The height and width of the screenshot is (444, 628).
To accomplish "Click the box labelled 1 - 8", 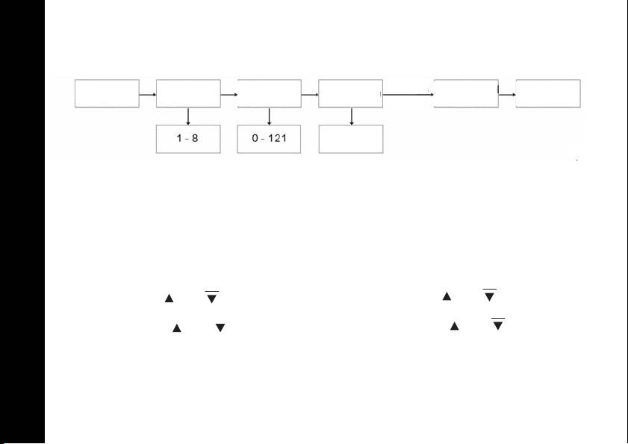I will pyautogui.click(x=187, y=139).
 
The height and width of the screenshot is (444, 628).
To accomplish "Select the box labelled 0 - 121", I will pyautogui.click(x=269, y=139).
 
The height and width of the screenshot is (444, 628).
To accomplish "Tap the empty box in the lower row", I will pyautogui.click(x=350, y=139).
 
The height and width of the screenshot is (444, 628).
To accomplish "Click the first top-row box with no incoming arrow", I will pyautogui.click(x=107, y=93).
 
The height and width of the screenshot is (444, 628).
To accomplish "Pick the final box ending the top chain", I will pyautogui.click(x=548, y=93).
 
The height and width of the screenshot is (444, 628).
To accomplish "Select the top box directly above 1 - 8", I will pyautogui.click(x=187, y=93).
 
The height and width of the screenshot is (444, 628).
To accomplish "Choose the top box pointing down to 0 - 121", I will pyautogui.click(x=269, y=93).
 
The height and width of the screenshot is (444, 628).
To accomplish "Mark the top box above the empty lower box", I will pyautogui.click(x=350, y=93).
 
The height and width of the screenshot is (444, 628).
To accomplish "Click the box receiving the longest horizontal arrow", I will pyautogui.click(x=466, y=93).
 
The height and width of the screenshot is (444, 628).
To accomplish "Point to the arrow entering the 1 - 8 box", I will pyautogui.click(x=187, y=116).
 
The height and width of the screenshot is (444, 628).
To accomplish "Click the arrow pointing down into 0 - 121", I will pyautogui.click(x=269, y=116).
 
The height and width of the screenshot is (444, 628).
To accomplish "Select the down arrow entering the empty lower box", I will pyautogui.click(x=351, y=116).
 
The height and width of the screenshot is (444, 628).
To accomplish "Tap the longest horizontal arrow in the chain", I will pyautogui.click(x=408, y=95).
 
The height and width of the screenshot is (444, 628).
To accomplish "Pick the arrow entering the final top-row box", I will pyautogui.click(x=507, y=95).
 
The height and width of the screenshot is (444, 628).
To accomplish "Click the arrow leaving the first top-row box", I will pyautogui.click(x=148, y=95).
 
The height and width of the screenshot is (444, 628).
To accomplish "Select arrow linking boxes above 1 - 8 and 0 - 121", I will pyautogui.click(x=228, y=95).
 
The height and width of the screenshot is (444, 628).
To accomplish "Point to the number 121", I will pyautogui.click(x=278, y=139).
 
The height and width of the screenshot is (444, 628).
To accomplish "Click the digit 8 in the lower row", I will pyautogui.click(x=195, y=139).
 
